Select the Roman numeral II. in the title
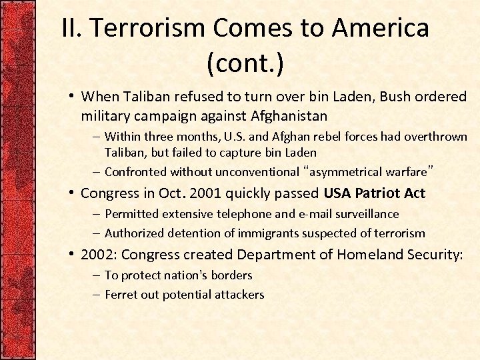coord(72,28)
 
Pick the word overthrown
coord(435,137)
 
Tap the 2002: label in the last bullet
coord(99,254)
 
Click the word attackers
coord(239,295)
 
